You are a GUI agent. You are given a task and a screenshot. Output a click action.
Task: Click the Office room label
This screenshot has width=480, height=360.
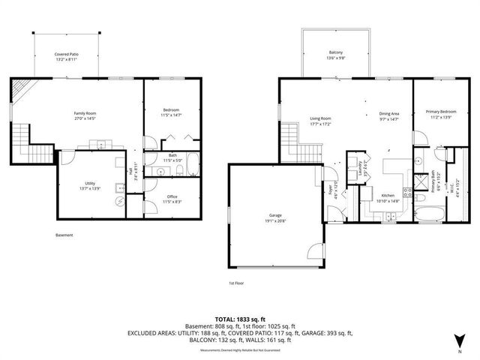[172, 198]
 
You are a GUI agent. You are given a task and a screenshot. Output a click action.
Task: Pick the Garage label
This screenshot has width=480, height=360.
[275, 216]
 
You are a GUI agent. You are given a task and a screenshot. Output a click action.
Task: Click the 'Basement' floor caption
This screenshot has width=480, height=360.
[64, 235]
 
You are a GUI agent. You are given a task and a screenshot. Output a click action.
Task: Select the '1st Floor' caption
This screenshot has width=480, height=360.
[237, 283]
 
